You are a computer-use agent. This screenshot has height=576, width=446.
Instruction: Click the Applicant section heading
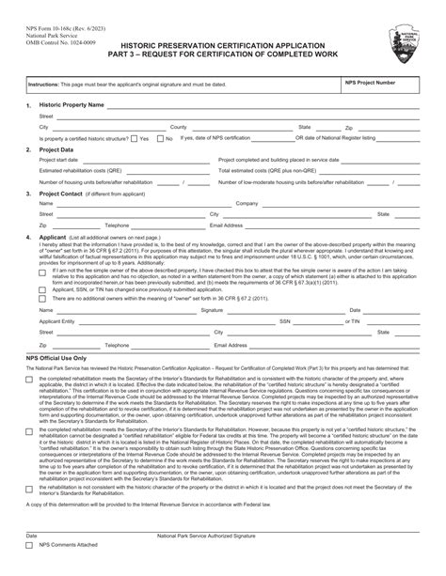pos(53,238)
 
